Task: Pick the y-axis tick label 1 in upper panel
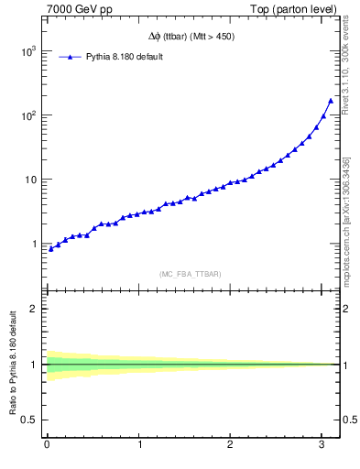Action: [34, 244]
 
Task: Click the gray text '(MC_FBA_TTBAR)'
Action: [190, 274]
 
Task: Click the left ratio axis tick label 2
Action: [35, 309]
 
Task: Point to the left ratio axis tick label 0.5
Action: [31, 420]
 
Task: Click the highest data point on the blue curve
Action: [331, 101]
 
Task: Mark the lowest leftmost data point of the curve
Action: [50, 248]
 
